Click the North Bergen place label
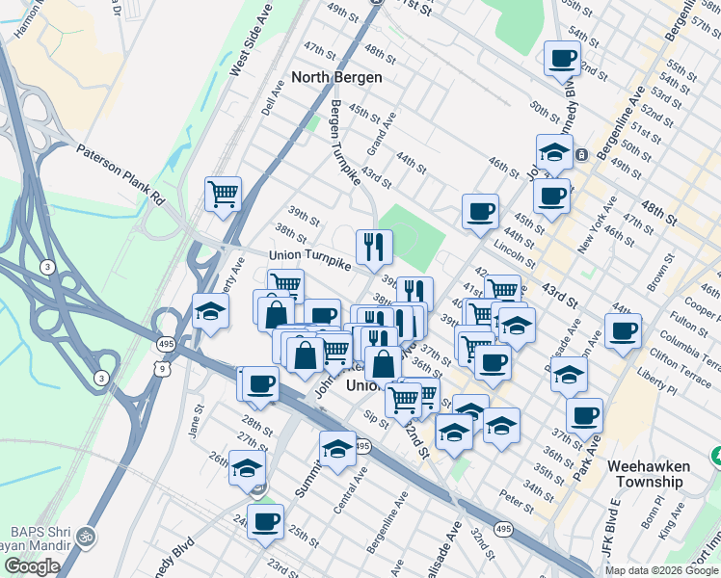337,77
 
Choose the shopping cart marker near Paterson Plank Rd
223,195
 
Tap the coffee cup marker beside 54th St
560,58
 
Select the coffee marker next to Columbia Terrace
622,332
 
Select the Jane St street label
198,420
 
